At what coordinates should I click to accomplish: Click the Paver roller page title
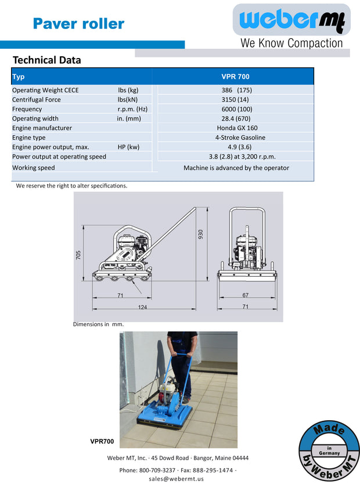(78, 24)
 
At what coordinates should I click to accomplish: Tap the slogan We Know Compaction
(291, 43)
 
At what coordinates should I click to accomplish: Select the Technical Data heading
(47, 60)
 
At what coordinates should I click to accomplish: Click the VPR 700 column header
(236, 77)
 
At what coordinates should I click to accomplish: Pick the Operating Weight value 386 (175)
(236, 91)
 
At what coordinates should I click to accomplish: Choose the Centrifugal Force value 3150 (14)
(236, 100)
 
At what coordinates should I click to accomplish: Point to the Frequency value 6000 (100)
(236, 109)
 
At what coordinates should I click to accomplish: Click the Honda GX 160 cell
(237, 128)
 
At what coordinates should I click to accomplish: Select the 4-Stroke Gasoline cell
(237, 138)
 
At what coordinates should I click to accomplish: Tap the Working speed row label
(34, 168)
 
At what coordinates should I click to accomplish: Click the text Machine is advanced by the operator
(236, 168)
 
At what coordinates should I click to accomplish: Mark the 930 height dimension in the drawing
(201, 234)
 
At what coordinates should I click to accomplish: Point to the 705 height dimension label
(78, 255)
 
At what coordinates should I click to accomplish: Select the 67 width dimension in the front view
(245, 295)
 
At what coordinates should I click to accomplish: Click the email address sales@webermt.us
(176, 479)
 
